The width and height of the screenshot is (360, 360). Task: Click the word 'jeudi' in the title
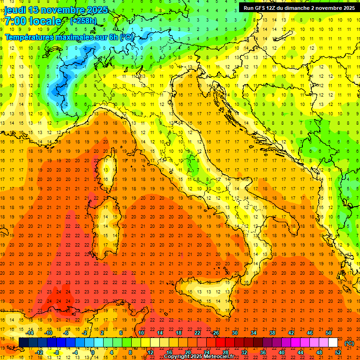pos(15,10)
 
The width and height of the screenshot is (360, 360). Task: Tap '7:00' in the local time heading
pos(16,21)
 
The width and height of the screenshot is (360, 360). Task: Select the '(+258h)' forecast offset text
pos(83,21)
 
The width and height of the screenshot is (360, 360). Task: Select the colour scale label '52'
pos(338,352)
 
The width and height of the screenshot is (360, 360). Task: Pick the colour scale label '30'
pos(234,333)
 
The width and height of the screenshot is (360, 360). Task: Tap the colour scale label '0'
pos(93,352)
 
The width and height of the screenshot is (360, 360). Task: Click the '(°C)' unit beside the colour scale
pos(349,343)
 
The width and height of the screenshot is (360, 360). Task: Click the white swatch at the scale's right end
pos(333,343)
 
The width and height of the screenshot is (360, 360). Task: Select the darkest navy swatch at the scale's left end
pos(23,343)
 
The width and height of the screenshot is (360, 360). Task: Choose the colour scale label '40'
pos(282,352)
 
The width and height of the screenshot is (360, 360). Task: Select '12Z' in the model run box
pos(273,8)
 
